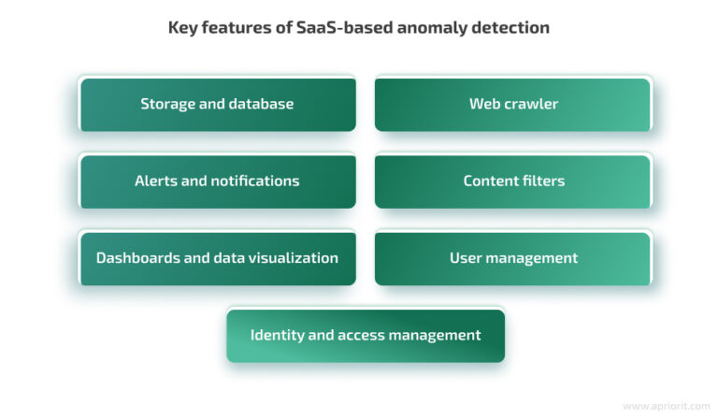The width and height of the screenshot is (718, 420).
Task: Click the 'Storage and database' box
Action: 217,104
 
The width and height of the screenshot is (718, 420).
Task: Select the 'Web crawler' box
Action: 512,104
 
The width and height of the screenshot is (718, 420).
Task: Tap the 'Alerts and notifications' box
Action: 217,181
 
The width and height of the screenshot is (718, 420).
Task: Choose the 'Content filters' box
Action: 512,181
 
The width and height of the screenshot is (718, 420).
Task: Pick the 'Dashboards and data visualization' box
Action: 217,258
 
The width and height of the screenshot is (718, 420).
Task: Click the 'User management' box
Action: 512,258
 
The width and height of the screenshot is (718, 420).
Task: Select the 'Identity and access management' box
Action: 365,335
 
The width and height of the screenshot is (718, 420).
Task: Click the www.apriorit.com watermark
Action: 666,406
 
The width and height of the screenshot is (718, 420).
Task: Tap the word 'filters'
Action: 540,181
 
